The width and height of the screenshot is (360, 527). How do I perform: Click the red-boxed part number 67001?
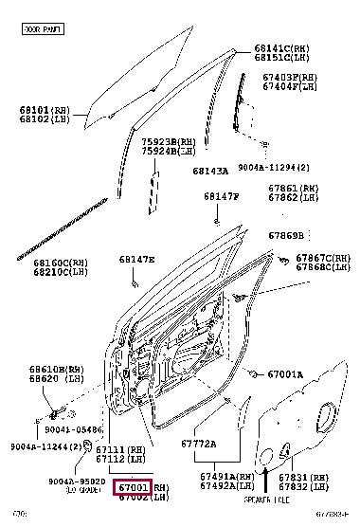click(x=133, y=487)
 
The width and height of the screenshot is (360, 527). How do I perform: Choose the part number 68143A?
click(x=210, y=171)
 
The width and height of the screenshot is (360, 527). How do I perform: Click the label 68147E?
click(x=136, y=259)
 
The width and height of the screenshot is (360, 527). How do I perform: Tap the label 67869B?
click(x=285, y=235)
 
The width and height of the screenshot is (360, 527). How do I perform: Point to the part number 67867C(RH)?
click(x=322, y=258)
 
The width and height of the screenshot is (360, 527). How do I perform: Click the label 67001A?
click(x=283, y=374)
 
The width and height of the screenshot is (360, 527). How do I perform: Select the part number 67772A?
click(x=198, y=443)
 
